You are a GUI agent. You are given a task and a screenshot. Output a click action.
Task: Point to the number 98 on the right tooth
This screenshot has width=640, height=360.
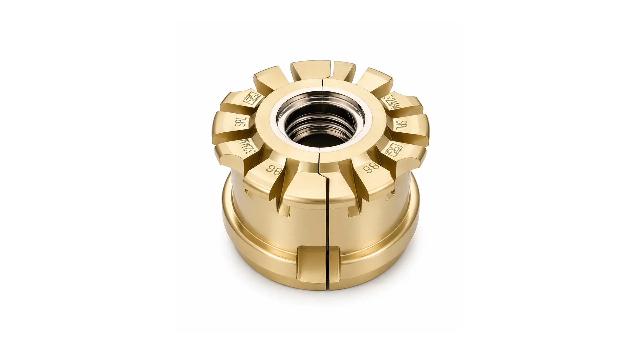(x=372, y=168)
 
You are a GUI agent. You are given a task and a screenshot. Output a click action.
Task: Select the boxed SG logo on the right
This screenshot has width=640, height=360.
(x=393, y=149)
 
